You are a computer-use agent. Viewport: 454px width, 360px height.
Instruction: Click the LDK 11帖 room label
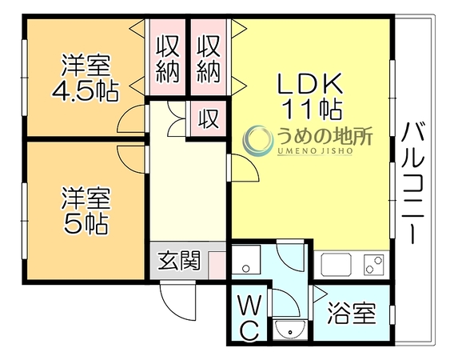tap(310, 96)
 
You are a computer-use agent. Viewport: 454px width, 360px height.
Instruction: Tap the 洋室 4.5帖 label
tap(86, 78)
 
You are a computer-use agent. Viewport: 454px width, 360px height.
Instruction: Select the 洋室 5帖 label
tap(86, 210)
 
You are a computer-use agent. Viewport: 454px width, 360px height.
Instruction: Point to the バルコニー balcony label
tap(413, 182)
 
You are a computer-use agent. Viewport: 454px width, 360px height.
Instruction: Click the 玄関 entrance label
tap(179, 260)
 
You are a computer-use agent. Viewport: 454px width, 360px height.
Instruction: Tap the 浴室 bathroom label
tap(352, 313)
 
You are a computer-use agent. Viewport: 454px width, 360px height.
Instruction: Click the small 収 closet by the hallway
tap(208, 119)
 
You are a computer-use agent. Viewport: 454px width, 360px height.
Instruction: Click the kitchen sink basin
tap(337, 263)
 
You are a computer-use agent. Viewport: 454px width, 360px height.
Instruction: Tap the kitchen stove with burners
tap(373, 264)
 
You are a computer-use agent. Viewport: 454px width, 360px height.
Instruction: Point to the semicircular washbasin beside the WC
tap(289, 330)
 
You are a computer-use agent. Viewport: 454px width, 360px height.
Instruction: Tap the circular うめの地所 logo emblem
tap(257, 140)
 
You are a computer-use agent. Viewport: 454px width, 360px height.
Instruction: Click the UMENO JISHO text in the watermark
tap(315, 150)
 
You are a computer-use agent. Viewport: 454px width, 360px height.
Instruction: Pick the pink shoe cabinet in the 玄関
tap(217, 266)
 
